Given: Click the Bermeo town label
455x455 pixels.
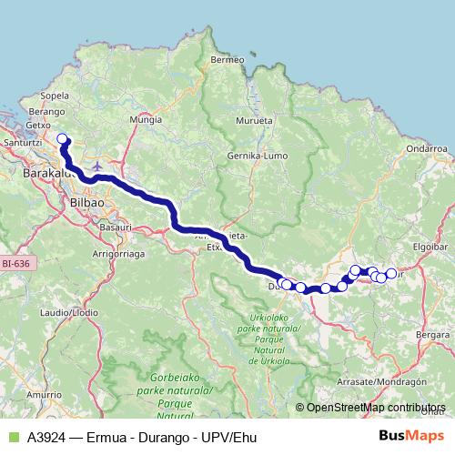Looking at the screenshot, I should (227, 59).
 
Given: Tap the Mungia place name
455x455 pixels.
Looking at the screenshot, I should (146, 119).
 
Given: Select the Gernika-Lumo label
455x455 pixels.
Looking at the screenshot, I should (262, 157).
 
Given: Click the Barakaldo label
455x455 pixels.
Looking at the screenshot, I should (43, 170).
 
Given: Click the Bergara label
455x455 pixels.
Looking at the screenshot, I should (432, 336).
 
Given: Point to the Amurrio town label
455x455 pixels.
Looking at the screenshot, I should (43, 394).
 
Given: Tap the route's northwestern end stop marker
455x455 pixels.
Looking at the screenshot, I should (63, 139).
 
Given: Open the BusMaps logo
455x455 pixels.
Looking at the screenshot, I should (410, 437).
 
